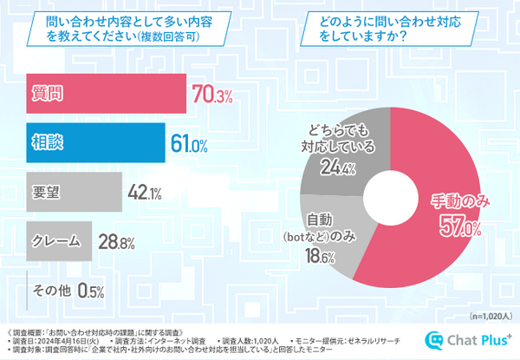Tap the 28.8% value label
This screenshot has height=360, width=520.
click(x=113, y=240)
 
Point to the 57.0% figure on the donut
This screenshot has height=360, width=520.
click(x=458, y=227)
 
